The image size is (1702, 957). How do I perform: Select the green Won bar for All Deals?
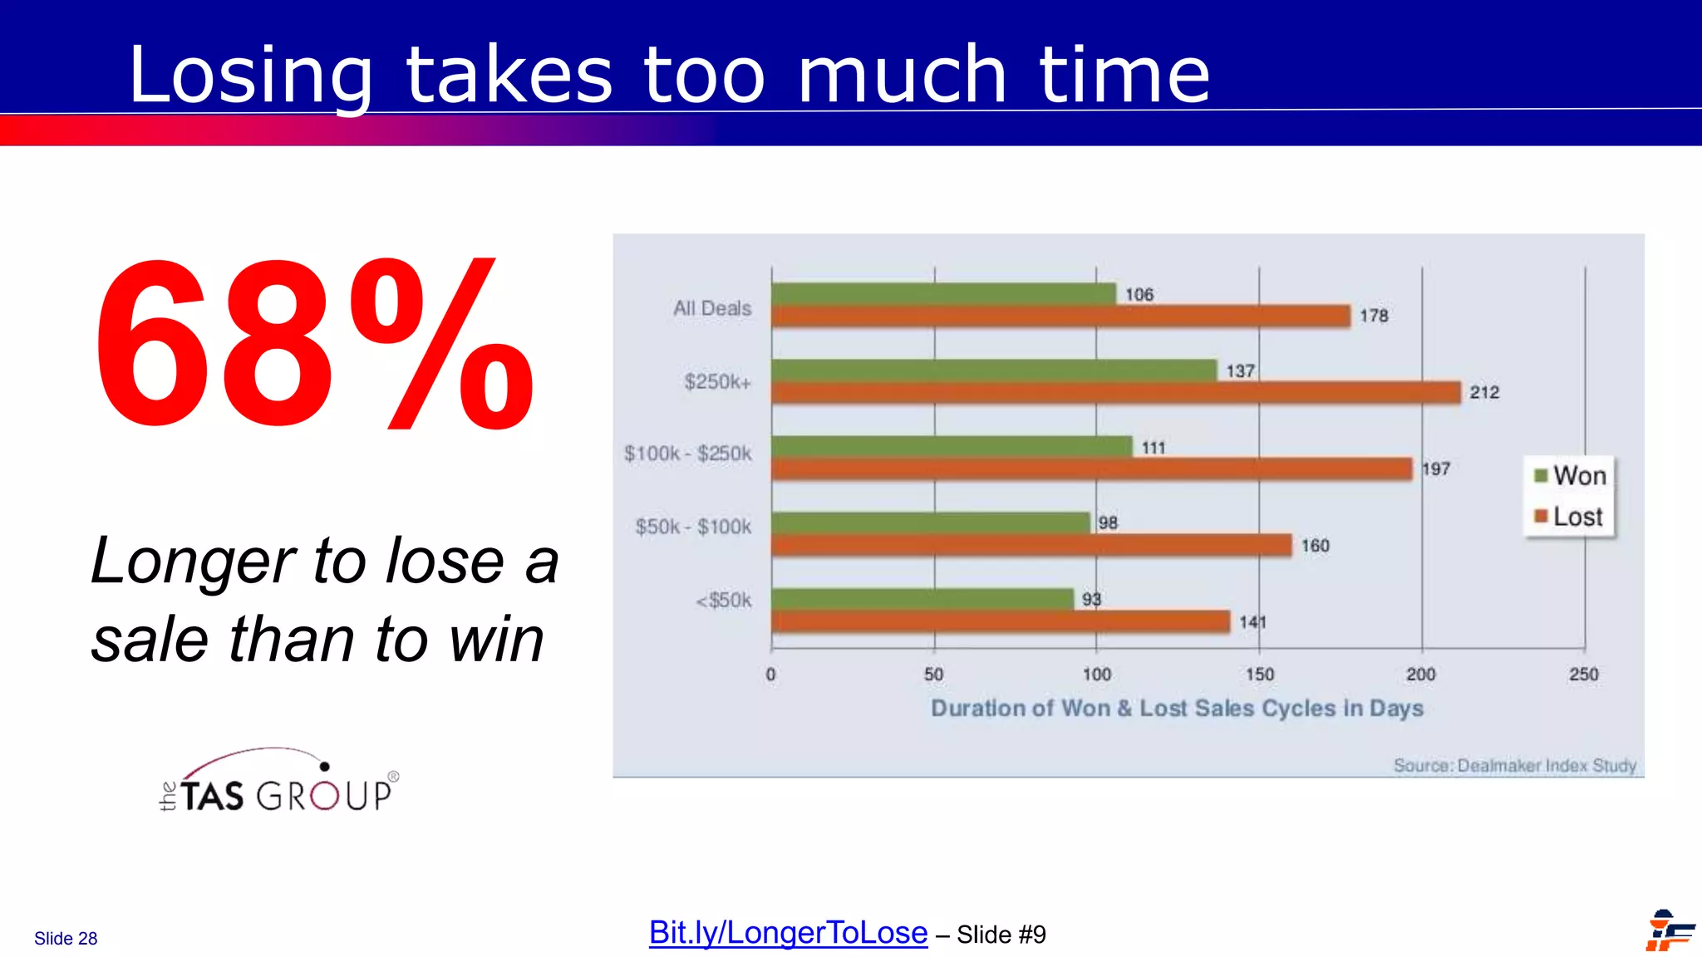[x=942, y=294]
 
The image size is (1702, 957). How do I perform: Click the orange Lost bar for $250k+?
[x=1115, y=393]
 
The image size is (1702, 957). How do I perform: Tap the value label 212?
[x=1484, y=393]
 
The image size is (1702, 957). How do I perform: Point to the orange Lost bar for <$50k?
[x=1001, y=621]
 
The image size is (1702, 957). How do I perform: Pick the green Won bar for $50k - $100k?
[x=930, y=523]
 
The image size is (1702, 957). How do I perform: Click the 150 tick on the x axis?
[x=1259, y=675]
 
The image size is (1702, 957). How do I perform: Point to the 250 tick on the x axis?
[x=1583, y=675]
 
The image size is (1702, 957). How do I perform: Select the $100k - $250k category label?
[x=688, y=454]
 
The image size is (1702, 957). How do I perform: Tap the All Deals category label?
[x=712, y=308]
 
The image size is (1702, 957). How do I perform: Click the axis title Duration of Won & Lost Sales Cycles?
[x=1177, y=709]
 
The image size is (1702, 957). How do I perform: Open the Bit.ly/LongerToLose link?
[x=788, y=933]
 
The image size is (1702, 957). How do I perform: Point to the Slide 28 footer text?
[x=66, y=939]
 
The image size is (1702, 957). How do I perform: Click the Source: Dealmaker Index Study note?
[x=1514, y=765]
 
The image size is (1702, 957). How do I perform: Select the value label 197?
[x=1436, y=469]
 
